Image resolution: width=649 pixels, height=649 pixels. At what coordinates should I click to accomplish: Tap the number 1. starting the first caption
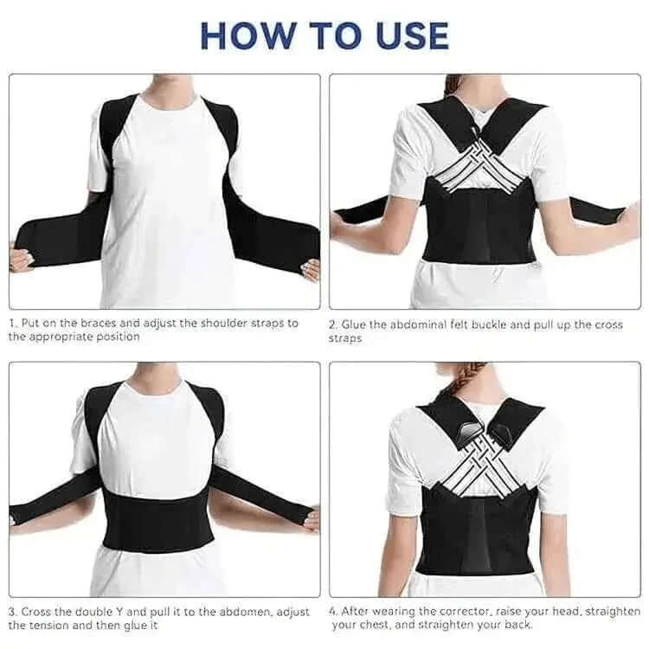tap(14, 323)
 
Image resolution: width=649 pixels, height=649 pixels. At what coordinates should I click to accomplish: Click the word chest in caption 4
tap(378, 625)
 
